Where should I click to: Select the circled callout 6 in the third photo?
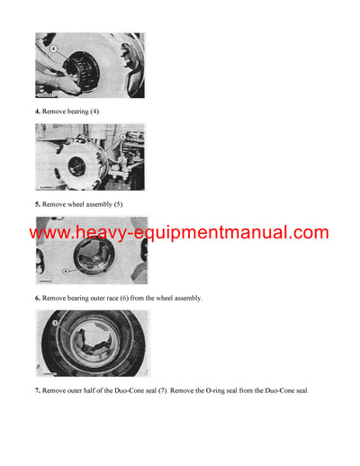66,270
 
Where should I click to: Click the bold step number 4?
38,111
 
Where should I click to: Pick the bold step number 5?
38,204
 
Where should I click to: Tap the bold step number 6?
38,298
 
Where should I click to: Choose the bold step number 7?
38,391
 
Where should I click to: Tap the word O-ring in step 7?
225,391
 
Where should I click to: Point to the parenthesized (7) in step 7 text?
181,391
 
